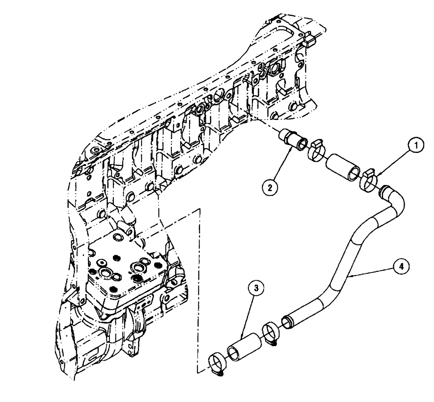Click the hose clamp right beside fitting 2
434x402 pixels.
[316, 149]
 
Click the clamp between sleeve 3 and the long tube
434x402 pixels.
[271, 333]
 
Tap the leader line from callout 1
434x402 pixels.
[392, 162]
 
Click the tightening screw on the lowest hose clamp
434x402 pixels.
[220, 372]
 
